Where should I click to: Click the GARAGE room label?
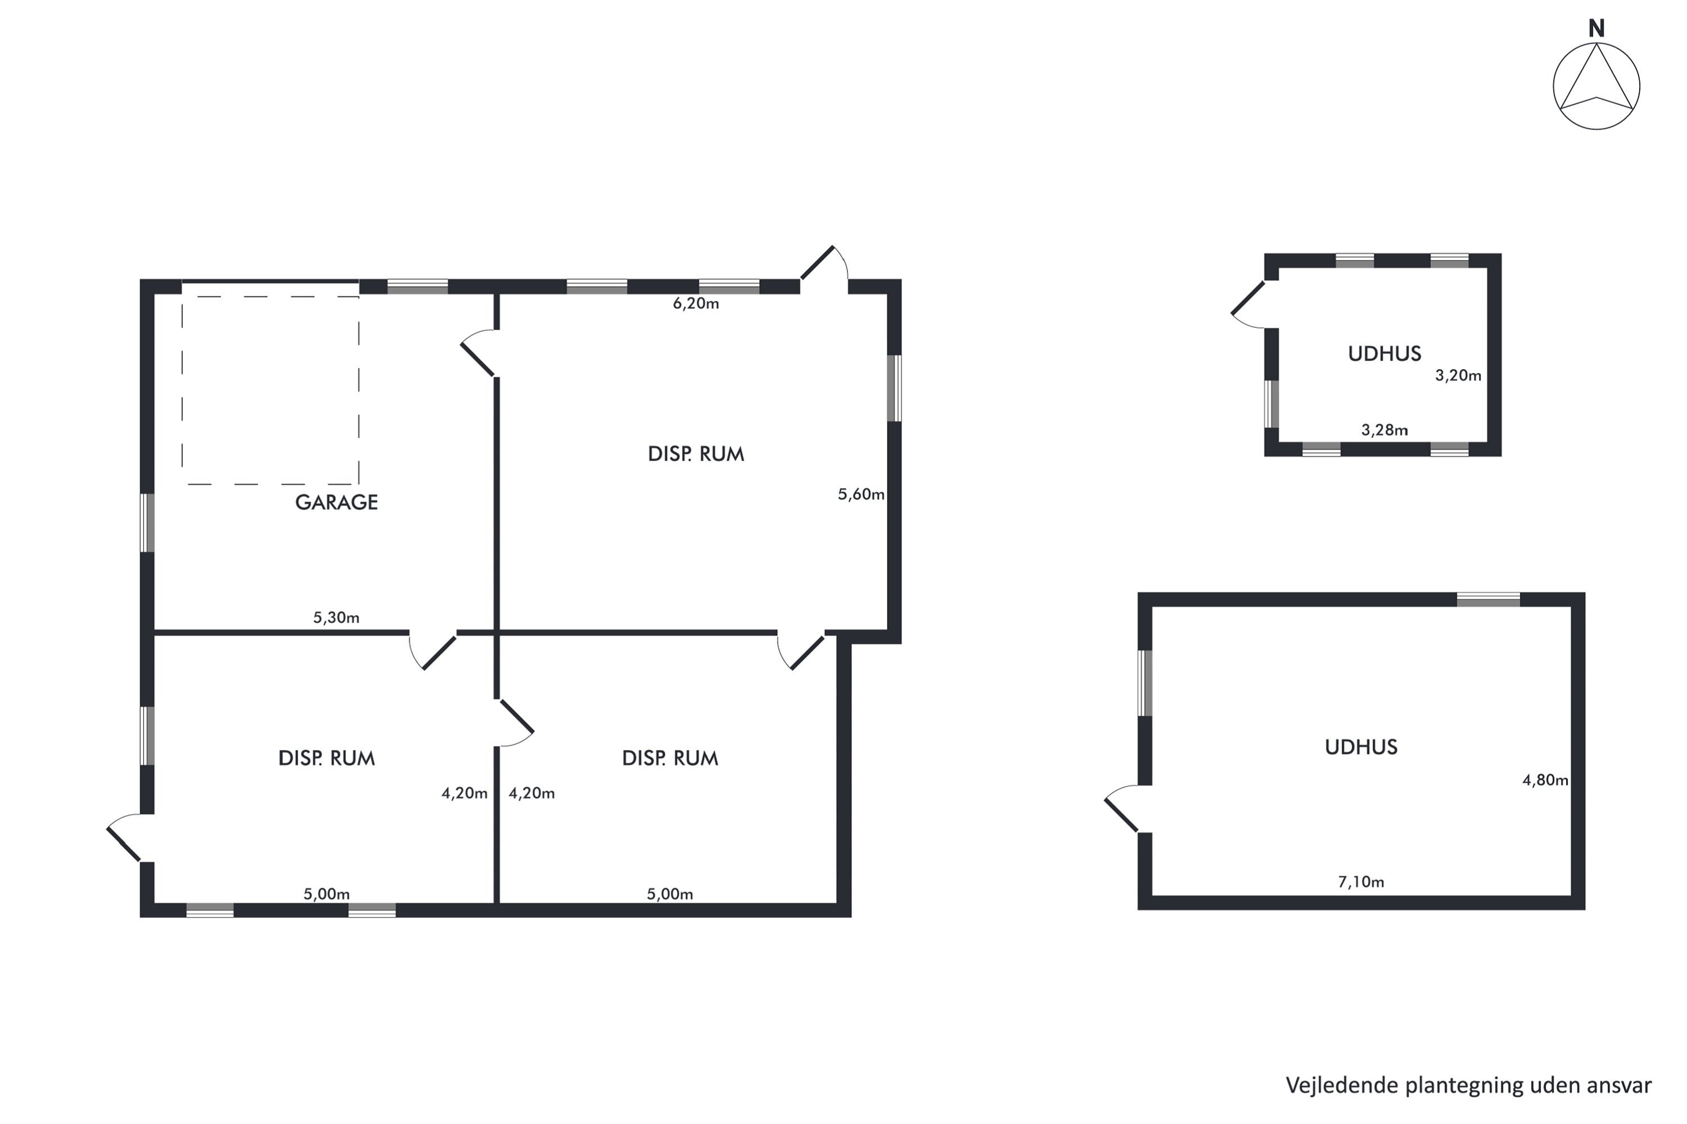pos(336,502)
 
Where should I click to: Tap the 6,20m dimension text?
pos(696,303)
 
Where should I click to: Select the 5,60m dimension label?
pos(861,494)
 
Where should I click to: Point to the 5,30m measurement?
pos(336,617)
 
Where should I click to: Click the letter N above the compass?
pos(1596,28)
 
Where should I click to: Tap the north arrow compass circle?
pos(1554,86)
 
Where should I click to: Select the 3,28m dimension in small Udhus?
pos(1384,430)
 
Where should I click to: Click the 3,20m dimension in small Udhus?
pos(1458,375)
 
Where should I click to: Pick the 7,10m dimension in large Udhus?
pos(1361,882)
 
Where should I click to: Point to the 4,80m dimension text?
pos(1545,780)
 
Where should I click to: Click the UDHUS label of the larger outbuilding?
pos(1361,747)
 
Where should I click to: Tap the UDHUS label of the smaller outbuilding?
pos(1384,353)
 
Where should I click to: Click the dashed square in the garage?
pos(182,391)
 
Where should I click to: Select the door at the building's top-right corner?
pos(817,262)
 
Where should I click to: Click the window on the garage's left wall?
pos(147,523)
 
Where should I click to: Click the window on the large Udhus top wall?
pos(1488,599)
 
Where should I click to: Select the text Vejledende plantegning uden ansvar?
pos(1468,1085)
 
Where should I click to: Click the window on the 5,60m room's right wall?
pos(895,388)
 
